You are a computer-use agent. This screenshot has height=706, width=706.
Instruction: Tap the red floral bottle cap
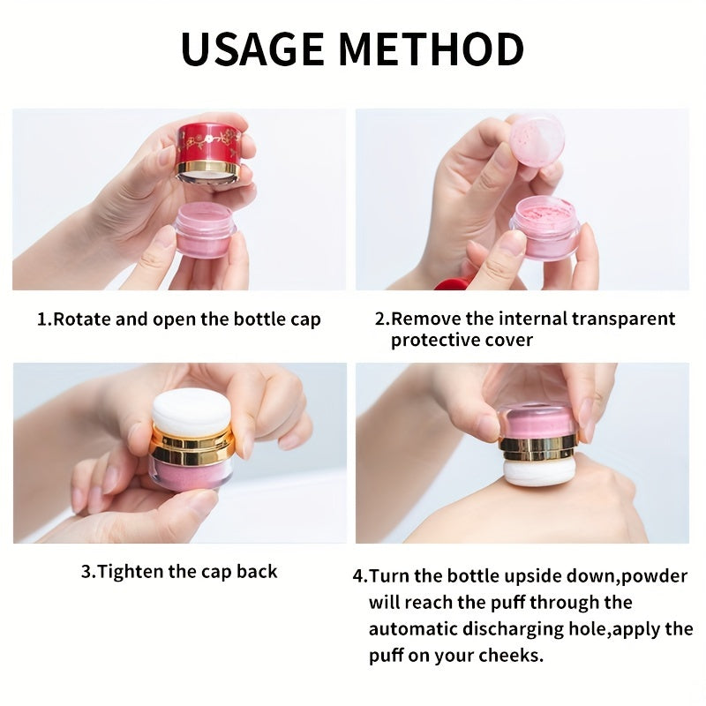point(208,150)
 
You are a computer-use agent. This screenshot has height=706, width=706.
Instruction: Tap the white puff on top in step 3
point(192,411)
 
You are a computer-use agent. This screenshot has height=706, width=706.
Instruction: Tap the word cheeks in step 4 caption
point(511,657)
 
